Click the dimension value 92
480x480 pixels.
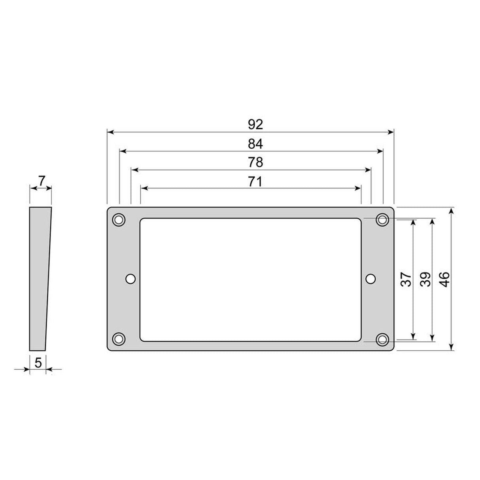(255, 124)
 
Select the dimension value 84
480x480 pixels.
(255, 144)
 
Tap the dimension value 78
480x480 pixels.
(255, 163)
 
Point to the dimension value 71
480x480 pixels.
(255, 181)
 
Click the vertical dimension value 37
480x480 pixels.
(406, 280)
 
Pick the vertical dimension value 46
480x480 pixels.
(444, 280)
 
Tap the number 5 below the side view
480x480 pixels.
(38, 363)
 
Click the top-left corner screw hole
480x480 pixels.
(119, 219)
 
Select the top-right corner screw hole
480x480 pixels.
(382, 219)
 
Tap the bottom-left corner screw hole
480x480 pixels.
(119, 339)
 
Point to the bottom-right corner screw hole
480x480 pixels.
(382, 339)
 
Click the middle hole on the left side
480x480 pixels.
(130, 279)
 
